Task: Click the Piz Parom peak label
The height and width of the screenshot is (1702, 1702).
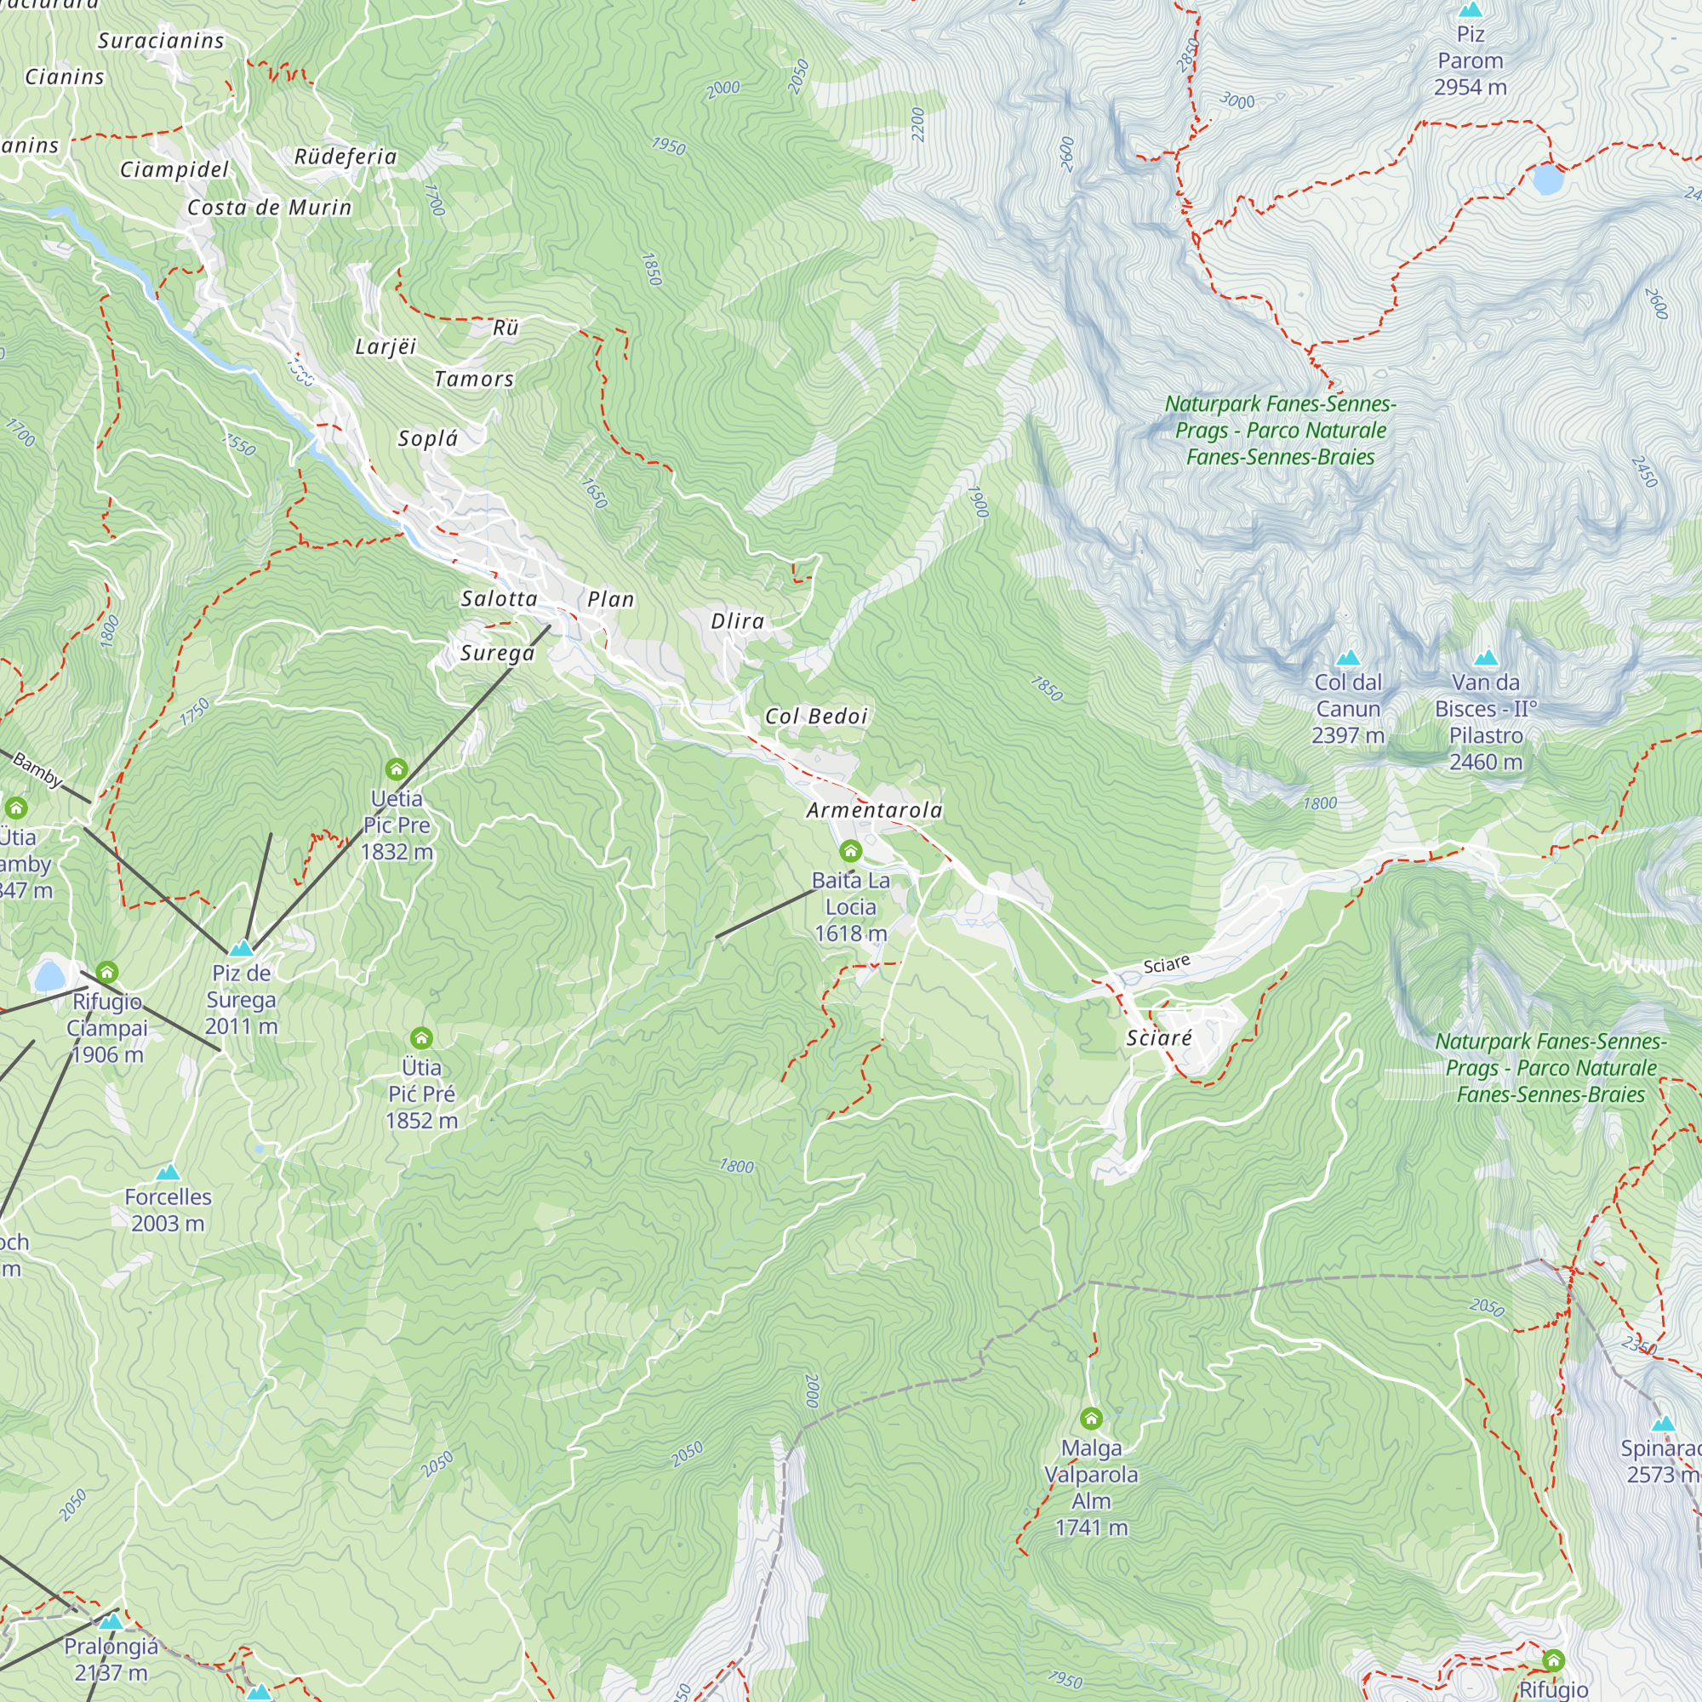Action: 1470,60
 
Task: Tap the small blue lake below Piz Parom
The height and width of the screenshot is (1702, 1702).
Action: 1547,179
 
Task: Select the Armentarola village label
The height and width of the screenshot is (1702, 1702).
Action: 874,809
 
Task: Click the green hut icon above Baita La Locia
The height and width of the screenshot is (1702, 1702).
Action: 850,850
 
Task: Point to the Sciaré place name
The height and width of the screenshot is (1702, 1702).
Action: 1158,1037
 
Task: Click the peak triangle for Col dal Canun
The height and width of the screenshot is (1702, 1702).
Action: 1348,658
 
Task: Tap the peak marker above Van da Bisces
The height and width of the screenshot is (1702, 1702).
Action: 1485,658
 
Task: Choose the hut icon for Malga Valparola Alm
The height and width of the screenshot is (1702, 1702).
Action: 1091,1419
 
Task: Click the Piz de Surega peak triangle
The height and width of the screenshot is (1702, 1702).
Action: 241,949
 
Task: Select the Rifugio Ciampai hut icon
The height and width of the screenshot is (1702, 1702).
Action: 106,972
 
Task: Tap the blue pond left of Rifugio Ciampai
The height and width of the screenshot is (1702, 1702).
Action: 49,976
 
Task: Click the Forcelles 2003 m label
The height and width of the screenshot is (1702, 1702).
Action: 168,1209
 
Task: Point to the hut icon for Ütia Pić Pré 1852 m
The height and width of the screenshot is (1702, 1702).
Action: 421,1037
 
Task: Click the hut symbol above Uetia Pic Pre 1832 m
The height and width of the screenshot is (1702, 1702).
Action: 396,769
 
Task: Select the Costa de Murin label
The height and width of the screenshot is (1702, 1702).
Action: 269,208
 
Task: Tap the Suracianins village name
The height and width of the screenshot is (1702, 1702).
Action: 160,41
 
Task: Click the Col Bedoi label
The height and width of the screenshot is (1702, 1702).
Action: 816,717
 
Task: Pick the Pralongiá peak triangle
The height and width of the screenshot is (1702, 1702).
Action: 110,1622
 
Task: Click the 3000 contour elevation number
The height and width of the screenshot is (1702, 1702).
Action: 1237,101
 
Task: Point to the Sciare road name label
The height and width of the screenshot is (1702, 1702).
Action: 1167,964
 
